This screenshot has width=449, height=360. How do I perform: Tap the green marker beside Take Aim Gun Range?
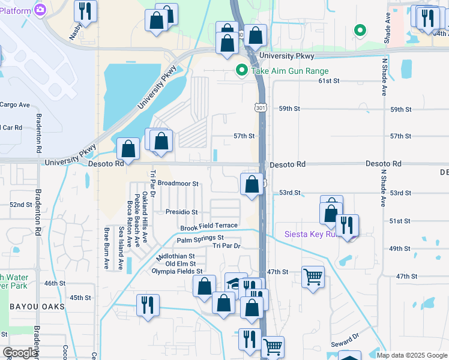click(x=242, y=71)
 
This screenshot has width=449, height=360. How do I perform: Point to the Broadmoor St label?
click(x=178, y=184)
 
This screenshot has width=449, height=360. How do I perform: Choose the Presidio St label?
click(x=182, y=212)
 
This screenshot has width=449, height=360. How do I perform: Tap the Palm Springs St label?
click(x=200, y=239)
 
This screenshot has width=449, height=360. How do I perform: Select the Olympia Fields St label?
click(x=177, y=271)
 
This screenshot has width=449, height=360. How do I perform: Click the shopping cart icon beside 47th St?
click(x=313, y=277)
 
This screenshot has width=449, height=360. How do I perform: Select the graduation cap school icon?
click(x=236, y=283)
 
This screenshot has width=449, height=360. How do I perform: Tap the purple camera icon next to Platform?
click(x=40, y=10)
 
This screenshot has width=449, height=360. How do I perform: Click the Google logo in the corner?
click(x=20, y=353)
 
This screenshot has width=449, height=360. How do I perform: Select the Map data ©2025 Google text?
click(x=411, y=355)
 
